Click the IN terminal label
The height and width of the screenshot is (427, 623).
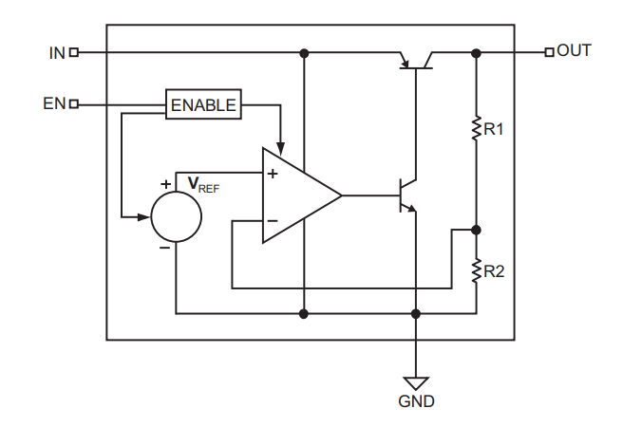[56, 53]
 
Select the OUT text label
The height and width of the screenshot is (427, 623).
[574, 51]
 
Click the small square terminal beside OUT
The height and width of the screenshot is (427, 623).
[549, 52]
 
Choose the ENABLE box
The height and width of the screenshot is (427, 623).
[203, 104]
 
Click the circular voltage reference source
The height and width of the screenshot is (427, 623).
[177, 217]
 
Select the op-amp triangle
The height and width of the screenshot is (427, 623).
[296, 195]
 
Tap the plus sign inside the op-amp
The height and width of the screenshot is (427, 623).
[273, 174]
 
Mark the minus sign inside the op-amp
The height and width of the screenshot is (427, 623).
[273, 220]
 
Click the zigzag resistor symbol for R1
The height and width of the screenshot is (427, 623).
[476, 128]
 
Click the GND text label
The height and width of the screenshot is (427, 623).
[416, 401]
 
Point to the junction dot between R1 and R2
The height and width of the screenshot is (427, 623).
[476, 230]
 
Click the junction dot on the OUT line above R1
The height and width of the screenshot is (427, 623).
[476, 53]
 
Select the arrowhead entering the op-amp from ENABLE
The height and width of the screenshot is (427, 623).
[280, 145]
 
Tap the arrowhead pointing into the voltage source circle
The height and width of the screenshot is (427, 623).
[145, 217]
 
